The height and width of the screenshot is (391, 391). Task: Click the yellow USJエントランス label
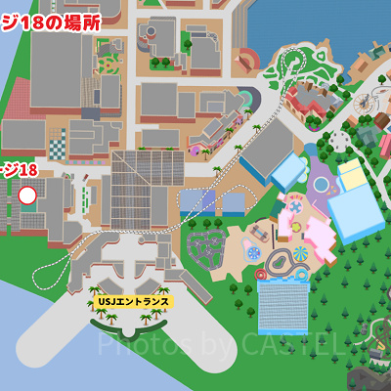[133, 302]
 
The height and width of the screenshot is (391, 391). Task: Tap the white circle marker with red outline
[27, 195]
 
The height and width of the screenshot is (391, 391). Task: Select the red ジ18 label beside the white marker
[19, 170]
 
